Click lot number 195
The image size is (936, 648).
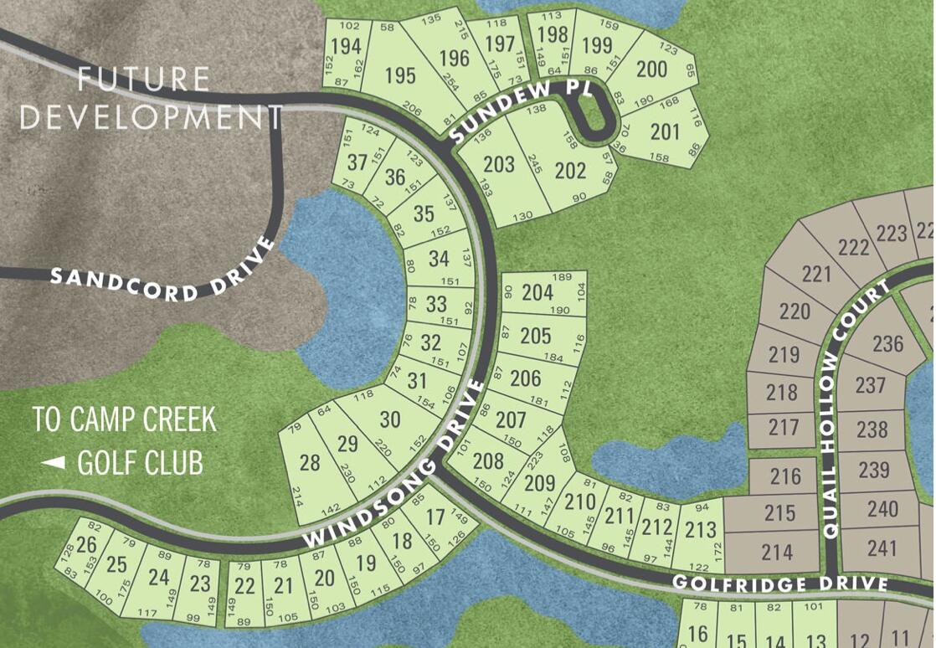pos(400,75)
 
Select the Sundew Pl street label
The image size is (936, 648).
pos(501,110)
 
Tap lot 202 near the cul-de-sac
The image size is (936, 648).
pos(570,170)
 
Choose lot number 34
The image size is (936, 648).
pos(438,259)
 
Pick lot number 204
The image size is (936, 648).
pos(537,292)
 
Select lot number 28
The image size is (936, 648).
pos(310,462)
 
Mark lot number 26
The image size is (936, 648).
pos(86,545)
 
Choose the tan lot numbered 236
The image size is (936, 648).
pos(887,343)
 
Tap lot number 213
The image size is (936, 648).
pos(701,529)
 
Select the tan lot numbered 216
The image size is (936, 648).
pos(785,477)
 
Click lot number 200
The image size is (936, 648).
pos(651,69)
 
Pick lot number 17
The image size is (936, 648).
pos(435,517)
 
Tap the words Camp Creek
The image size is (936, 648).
pos(125,419)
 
